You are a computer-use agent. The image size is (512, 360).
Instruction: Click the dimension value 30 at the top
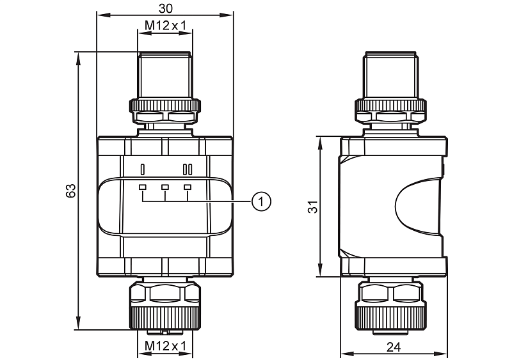tap(166, 7)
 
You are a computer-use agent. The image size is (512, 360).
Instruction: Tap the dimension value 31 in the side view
tap(312, 207)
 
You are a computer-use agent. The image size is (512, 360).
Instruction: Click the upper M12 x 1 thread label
tap(165, 26)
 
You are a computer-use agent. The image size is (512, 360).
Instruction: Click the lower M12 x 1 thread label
tap(165, 346)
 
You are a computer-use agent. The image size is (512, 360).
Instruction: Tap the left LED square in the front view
tap(143, 187)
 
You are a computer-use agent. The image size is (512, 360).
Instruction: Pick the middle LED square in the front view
tap(165, 187)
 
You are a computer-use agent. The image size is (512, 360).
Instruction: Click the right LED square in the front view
tap(188, 187)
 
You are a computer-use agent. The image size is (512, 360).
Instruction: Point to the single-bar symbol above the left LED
tap(143, 169)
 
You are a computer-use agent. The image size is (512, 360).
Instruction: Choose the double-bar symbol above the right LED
tap(188, 169)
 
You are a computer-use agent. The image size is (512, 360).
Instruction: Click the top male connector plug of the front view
tap(165, 75)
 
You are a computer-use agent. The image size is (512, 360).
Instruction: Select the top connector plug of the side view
tap(391, 75)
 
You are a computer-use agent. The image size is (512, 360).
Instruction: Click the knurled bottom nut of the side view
tap(391, 316)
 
